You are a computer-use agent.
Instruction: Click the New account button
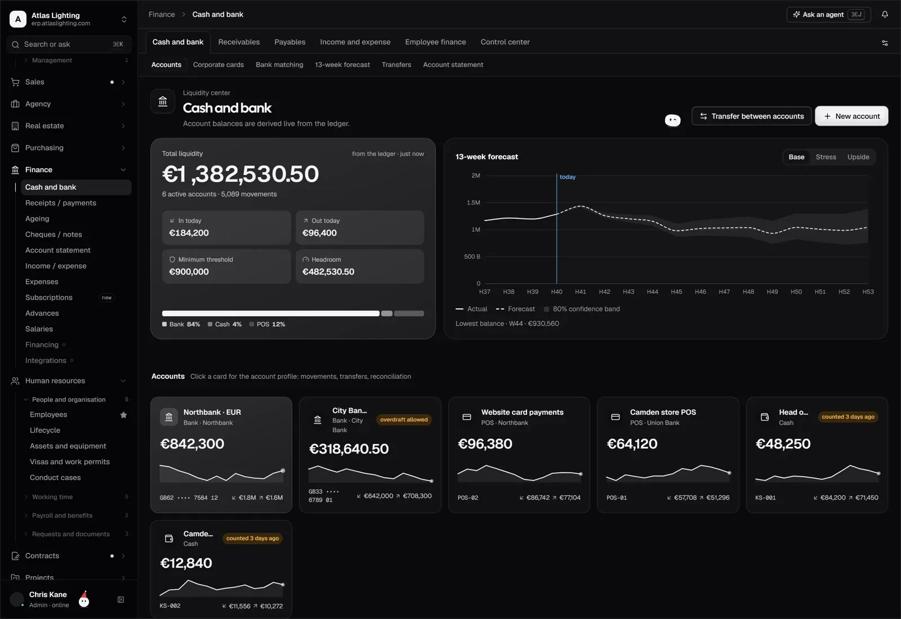click(x=851, y=116)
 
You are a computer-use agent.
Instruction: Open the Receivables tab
click(x=239, y=42)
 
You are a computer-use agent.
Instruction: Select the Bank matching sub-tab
click(x=279, y=65)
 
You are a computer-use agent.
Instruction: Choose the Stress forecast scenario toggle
click(x=826, y=157)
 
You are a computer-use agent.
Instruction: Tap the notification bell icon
click(x=885, y=15)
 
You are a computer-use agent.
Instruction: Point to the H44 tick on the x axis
click(x=653, y=292)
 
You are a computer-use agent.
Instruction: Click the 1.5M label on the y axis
click(x=474, y=203)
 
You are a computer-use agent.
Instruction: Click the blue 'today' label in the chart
click(x=568, y=177)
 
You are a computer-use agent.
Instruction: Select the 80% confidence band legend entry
click(x=582, y=309)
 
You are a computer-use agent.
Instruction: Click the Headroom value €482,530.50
click(x=328, y=272)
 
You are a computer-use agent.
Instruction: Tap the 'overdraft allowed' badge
click(x=404, y=420)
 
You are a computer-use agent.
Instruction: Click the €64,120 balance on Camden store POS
click(x=632, y=444)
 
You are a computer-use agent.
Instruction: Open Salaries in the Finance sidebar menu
click(x=39, y=329)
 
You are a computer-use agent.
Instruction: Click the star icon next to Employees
click(x=123, y=415)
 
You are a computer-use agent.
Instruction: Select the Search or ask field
click(x=69, y=44)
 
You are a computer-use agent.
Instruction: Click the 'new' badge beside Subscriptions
click(x=106, y=298)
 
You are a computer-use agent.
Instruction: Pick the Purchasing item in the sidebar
click(x=44, y=148)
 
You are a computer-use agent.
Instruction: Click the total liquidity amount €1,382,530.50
click(x=240, y=174)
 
